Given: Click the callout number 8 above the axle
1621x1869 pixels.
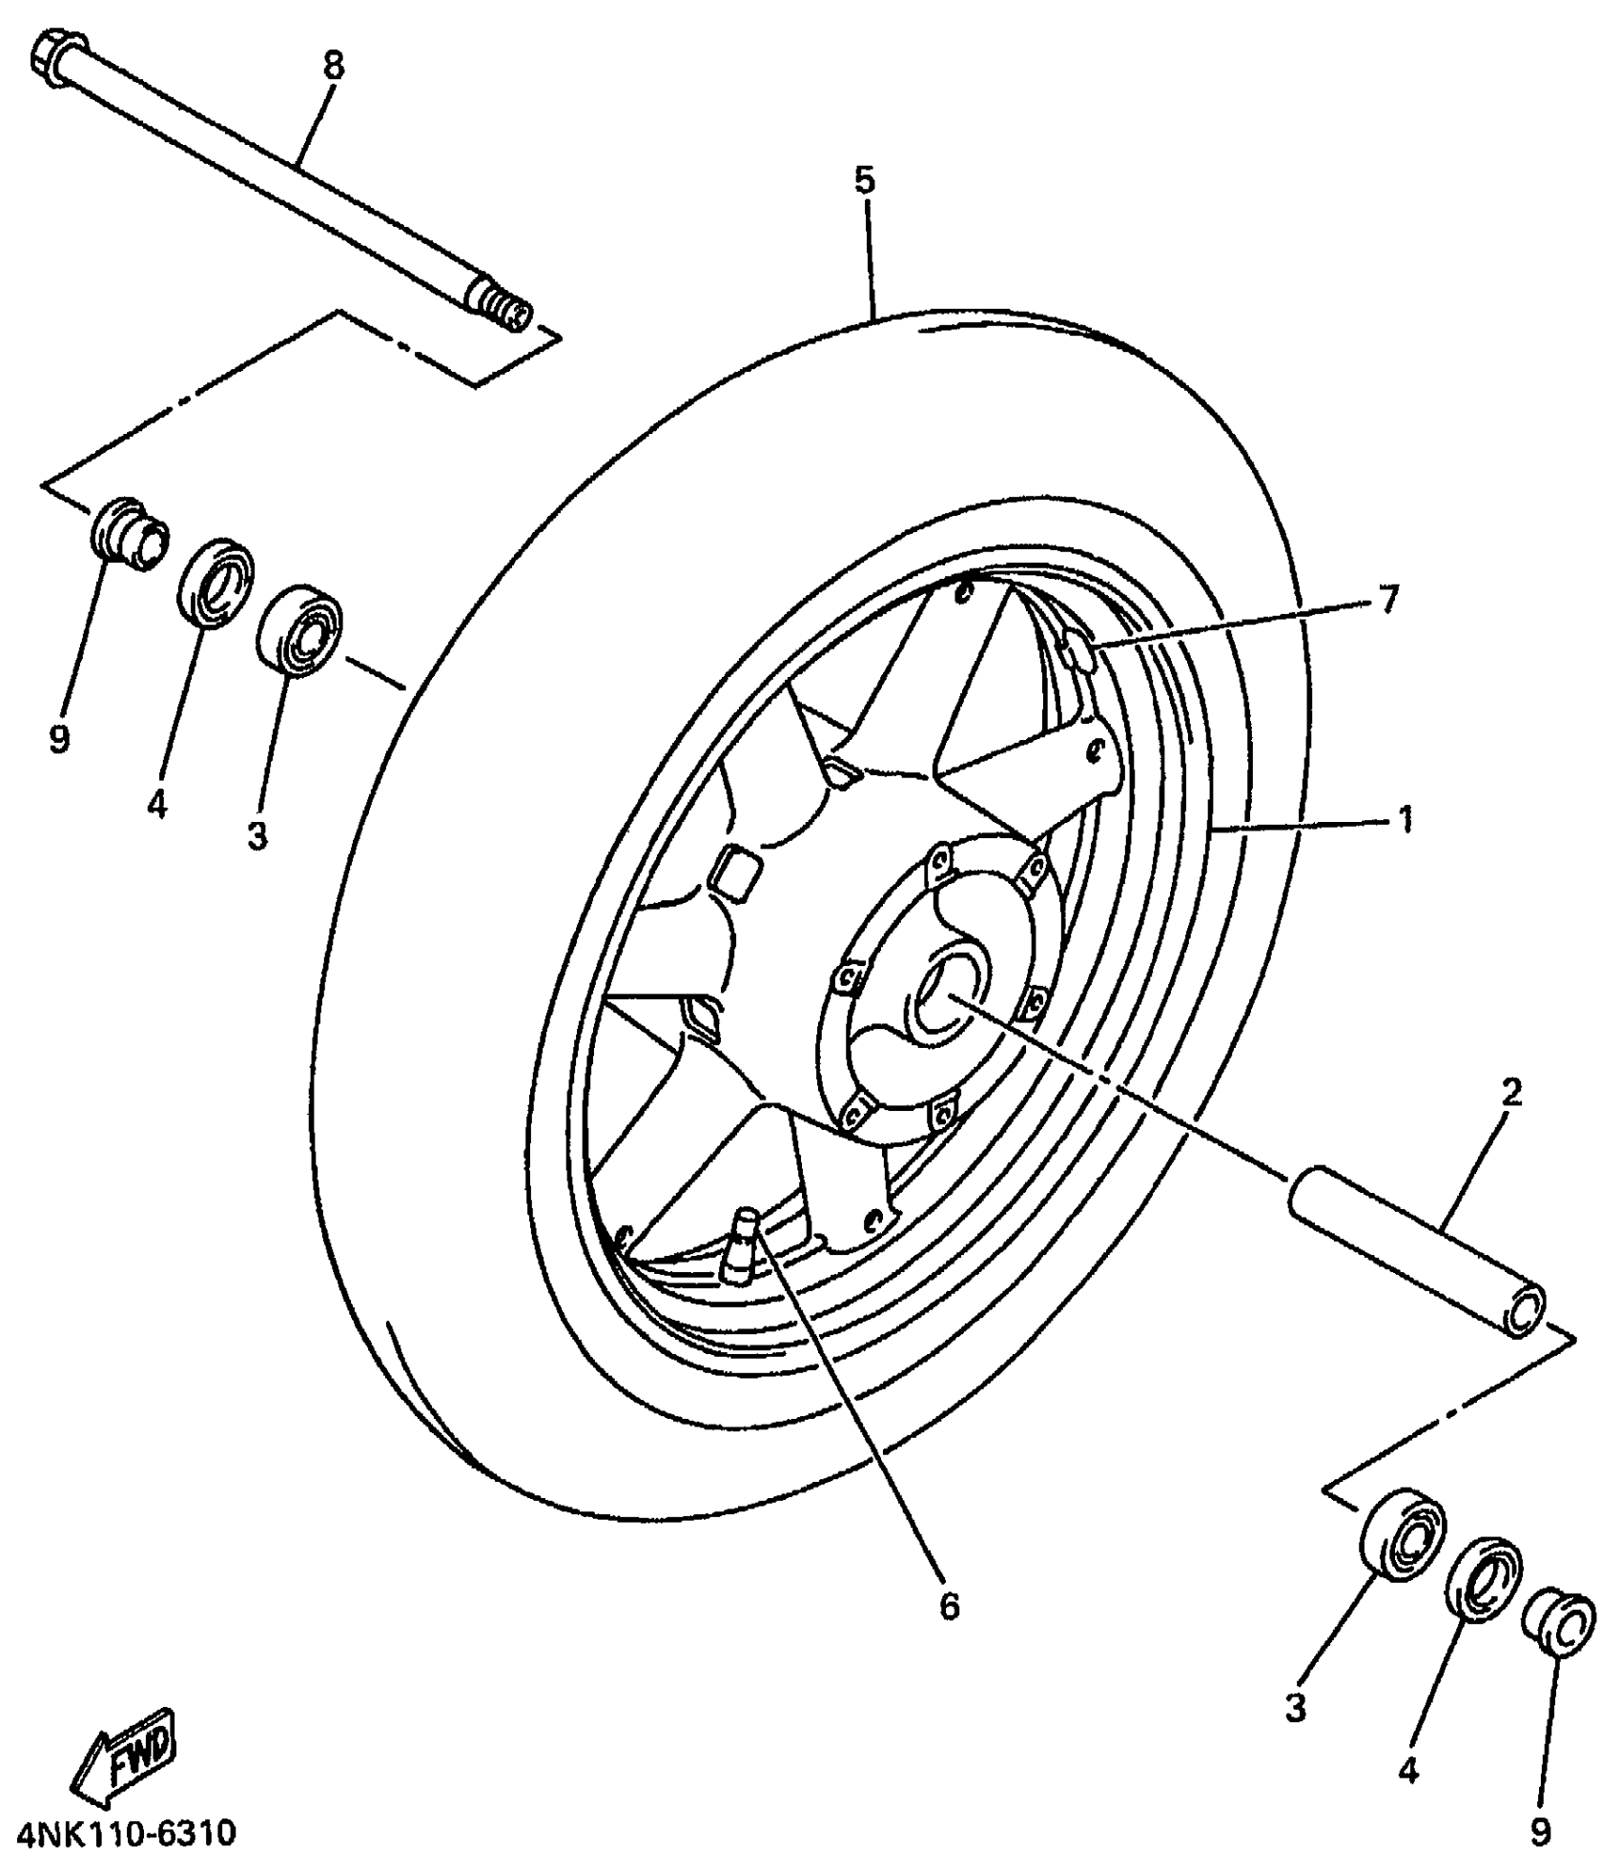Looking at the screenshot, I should tap(332, 66).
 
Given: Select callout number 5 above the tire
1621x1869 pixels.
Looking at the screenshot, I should tap(864, 180).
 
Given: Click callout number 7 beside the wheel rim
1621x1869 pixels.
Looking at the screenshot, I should tap(1387, 600).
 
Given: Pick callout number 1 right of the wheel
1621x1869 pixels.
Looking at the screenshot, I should tap(1405, 819).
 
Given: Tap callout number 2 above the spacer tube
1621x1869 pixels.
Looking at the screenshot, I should tap(1510, 1093).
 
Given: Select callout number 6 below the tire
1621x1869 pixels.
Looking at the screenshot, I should tap(948, 1607).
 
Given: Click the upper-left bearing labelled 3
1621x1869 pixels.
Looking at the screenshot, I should tap(299, 632).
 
